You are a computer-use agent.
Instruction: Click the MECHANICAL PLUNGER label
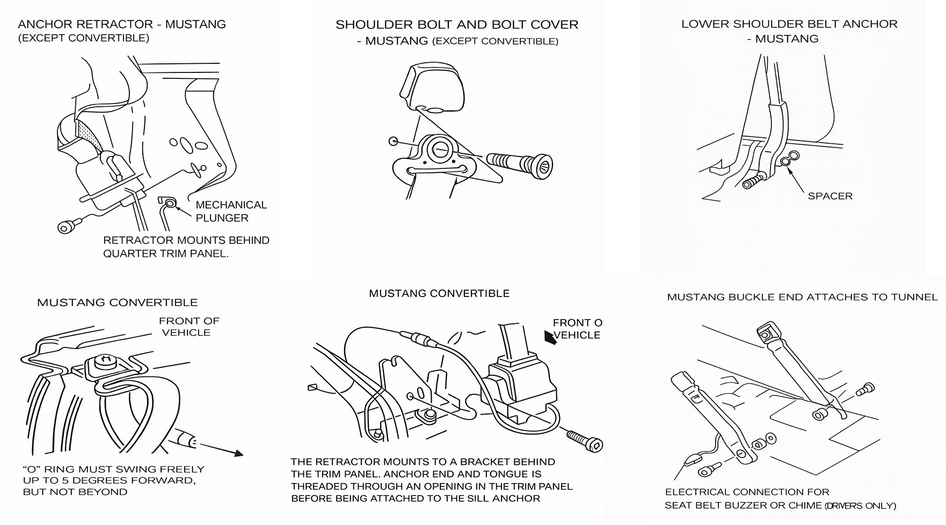pos(231,211)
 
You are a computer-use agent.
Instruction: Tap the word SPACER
pos(829,196)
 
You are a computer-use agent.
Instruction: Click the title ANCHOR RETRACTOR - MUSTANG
pos(122,25)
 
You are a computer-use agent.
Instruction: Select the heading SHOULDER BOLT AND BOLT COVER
pos(457,25)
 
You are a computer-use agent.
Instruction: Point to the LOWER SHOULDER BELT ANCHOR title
pos(789,24)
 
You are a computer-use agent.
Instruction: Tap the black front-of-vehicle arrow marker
pos(550,337)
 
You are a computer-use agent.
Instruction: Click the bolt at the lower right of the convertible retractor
pos(585,439)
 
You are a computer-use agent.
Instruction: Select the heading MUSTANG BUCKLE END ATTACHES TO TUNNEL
pos(802,297)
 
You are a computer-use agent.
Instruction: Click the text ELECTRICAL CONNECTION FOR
pos(747,492)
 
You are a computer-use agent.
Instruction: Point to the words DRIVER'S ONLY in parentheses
pos(861,506)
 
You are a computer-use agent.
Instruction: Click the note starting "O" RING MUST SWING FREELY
pos(114,469)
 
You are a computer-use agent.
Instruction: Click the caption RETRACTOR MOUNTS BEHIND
pos(186,240)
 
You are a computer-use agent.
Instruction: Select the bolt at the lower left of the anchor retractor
pos(67,227)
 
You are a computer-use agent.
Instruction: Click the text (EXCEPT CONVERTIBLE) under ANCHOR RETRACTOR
pos(84,38)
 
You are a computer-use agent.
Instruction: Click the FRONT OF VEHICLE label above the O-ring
pos(188,327)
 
